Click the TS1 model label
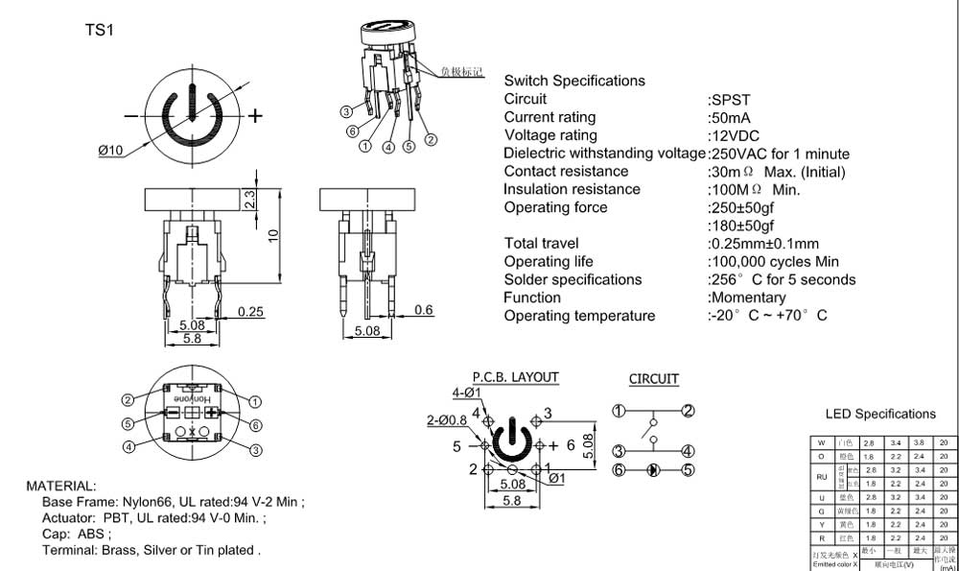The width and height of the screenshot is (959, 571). [x=100, y=30]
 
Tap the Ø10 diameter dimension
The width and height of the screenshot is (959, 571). [x=111, y=150]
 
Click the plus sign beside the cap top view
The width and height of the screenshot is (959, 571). [x=256, y=116]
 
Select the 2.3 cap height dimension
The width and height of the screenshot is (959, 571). [x=247, y=200]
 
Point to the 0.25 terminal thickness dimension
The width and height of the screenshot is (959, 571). [x=251, y=312]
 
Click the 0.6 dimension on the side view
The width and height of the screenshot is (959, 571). [x=424, y=309]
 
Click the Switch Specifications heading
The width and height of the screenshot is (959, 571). [x=574, y=81]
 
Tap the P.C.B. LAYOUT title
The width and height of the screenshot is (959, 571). [x=515, y=378]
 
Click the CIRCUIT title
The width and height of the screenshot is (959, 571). [x=654, y=379]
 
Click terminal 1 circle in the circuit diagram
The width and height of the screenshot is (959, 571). [x=620, y=412]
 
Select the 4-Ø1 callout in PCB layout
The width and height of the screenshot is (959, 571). [x=466, y=393]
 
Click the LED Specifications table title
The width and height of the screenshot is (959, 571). [x=880, y=415]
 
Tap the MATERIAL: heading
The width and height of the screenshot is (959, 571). [x=60, y=487]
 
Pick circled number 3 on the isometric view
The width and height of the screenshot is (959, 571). [x=347, y=112]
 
